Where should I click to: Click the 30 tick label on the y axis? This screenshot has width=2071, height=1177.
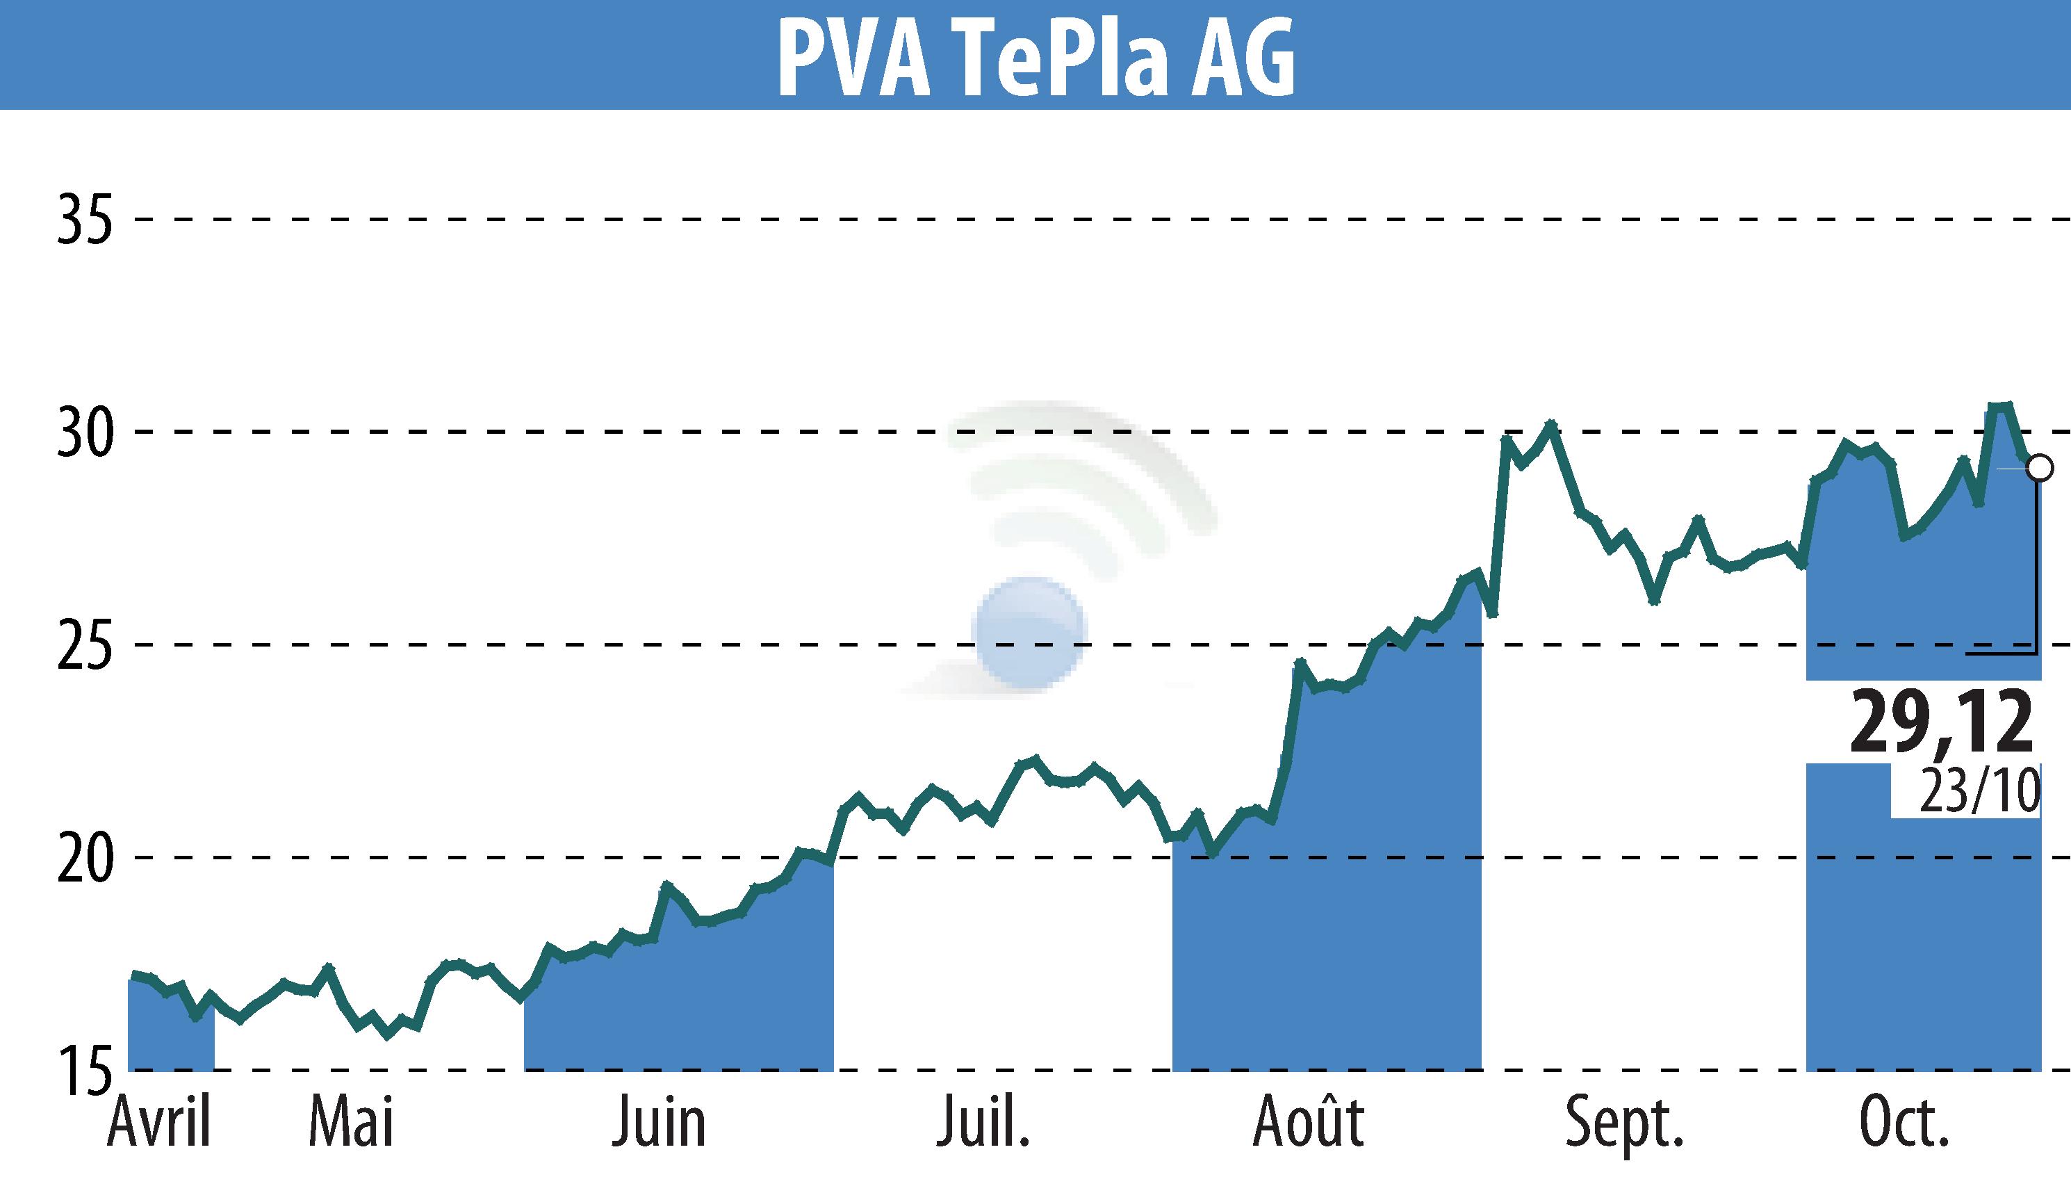(84, 433)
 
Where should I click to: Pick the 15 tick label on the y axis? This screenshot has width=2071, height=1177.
(84, 1071)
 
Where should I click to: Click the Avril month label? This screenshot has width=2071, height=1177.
(159, 1122)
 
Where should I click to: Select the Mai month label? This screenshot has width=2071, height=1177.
(352, 1122)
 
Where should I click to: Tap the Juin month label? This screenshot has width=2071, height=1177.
(660, 1122)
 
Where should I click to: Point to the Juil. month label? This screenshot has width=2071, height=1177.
(983, 1122)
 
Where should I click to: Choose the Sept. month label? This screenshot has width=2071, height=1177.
(1625, 1122)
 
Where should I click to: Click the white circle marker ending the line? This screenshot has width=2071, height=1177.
(2040, 467)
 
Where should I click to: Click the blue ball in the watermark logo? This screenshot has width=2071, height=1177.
(1030, 632)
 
